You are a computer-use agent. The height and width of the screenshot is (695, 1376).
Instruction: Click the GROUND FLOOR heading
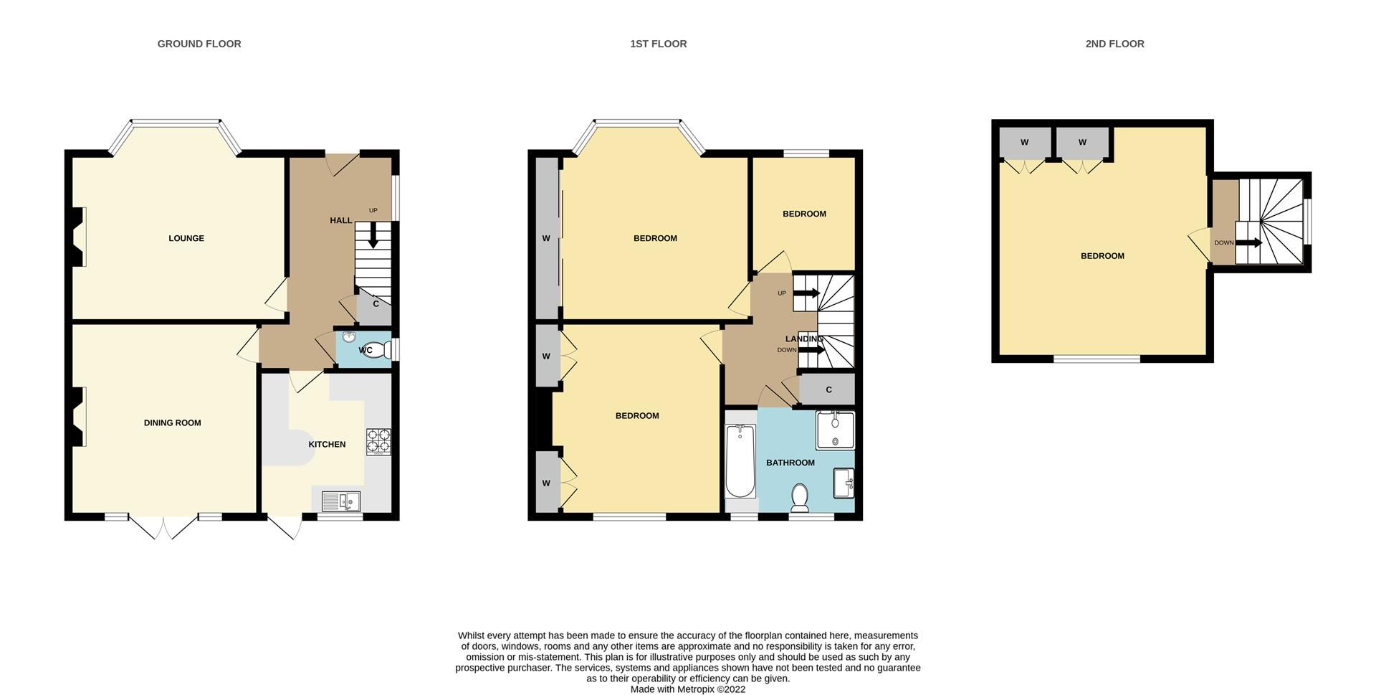tap(199, 44)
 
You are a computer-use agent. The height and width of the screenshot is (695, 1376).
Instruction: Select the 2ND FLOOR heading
tap(1114, 44)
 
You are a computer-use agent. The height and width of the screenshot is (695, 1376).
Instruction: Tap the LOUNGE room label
tap(186, 238)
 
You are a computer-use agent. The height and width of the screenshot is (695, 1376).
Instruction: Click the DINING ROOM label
tap(172, 423)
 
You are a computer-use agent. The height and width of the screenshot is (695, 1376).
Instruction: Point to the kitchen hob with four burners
tap(379, 441)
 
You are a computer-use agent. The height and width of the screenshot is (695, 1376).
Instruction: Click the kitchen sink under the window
tap(341, 500)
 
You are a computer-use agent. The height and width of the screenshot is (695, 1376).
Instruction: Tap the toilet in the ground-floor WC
tap(384, 350)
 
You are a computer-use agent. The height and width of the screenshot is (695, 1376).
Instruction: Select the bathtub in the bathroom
tap(740, 461)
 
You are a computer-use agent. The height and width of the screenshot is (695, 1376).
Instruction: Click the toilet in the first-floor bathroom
tap(800, 496)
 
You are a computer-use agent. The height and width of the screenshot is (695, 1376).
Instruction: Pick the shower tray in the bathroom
tap(835, 430)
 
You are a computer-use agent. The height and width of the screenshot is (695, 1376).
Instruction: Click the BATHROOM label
tap(790, 463)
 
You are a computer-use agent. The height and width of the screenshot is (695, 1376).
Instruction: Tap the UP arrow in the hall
tap(373, 235)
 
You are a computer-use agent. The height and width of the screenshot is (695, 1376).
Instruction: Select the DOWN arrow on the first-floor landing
tap(810, 350)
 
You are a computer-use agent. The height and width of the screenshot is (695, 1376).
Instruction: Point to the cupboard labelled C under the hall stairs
tap(376, 305)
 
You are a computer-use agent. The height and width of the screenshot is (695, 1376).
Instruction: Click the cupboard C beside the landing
tap(828, 390)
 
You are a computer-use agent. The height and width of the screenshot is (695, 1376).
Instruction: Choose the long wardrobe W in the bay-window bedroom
tap(546, 238)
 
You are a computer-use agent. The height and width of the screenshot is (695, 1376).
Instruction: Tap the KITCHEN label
tap(327, 445)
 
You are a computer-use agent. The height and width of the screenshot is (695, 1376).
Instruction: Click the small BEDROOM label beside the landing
tap(804, 214)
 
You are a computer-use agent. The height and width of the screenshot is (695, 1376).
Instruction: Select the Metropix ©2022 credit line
tap(688, 689)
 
